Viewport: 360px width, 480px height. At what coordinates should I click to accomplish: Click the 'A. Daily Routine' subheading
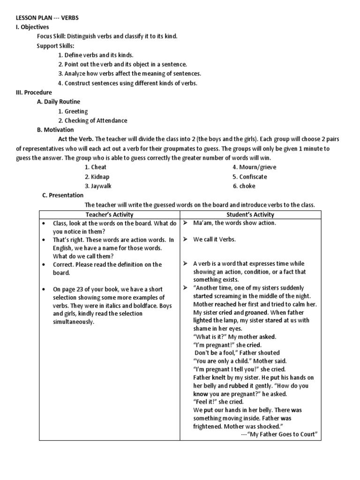58,102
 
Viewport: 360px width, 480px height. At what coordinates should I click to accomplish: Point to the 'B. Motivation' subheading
55,130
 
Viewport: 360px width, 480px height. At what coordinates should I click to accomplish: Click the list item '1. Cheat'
96,167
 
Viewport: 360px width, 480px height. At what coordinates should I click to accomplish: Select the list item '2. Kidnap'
97,177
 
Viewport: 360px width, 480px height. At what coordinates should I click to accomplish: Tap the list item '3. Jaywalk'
98,186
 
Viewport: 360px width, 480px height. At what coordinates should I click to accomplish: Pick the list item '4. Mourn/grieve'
255,167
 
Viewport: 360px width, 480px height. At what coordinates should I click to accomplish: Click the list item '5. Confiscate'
250,177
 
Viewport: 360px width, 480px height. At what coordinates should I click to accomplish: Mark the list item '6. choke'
244,186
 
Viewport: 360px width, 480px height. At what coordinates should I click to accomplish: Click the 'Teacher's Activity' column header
110,215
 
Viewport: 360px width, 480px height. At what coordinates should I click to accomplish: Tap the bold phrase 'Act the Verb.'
76,139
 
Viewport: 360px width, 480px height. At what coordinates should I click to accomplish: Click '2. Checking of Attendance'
92,120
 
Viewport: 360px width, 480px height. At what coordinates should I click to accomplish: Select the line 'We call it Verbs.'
215,240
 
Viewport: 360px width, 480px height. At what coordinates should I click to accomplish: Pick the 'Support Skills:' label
56,45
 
